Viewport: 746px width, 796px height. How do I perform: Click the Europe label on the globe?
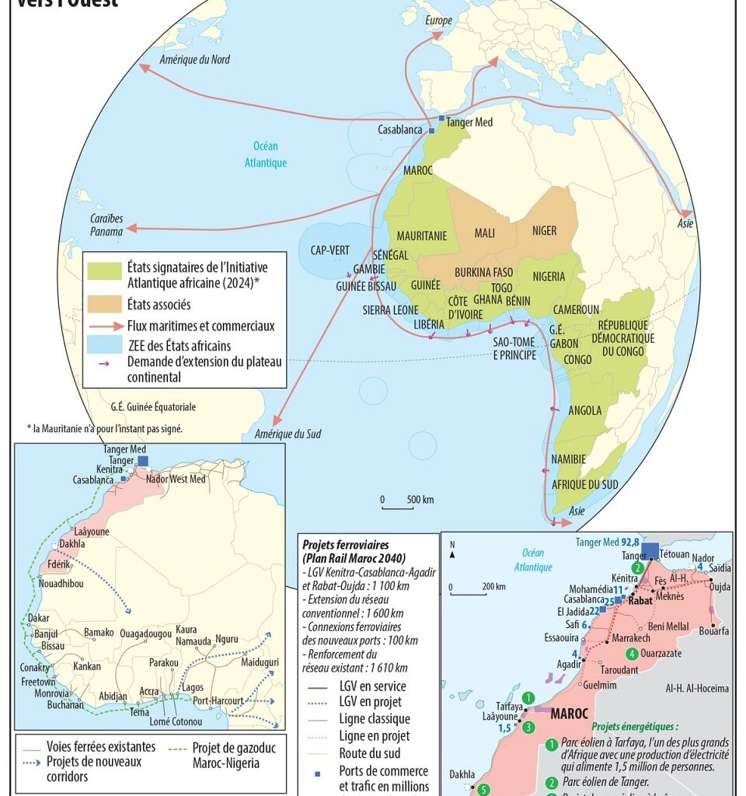pyautogui.click(x=438, y=21)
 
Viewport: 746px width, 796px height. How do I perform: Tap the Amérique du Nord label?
pyautogui.click(x=194, y=60)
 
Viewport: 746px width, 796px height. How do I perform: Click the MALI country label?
pyautogui.click(x=484, y=232)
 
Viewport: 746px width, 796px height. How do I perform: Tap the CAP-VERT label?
pyautogui.click(x=329, y=250)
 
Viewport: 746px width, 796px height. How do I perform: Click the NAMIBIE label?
pyautogui.click(x=568, y=459)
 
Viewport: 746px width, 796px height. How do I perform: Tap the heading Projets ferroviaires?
pyautogui.click(x=345, y=544)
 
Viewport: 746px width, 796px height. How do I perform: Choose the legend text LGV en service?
pyautogui.click(x=372, y=686)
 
